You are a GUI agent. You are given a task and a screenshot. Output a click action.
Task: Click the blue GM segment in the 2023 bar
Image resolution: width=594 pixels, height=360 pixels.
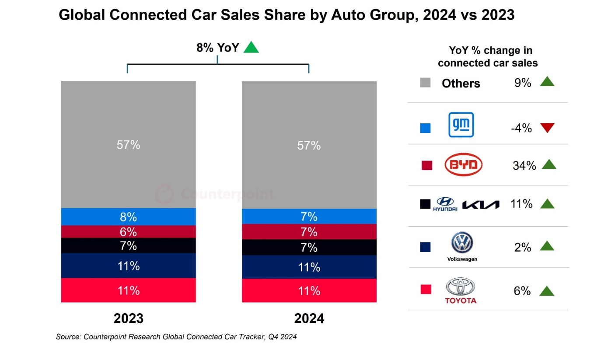tap(128, 217)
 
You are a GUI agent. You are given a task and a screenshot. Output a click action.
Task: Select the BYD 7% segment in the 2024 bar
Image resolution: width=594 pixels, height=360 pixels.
tap(309, 231)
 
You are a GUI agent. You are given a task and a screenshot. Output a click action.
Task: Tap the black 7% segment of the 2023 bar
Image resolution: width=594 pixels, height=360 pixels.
tap(128, 245)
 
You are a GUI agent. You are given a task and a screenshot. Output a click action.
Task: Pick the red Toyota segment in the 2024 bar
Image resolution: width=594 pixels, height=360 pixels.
tap(309, 290)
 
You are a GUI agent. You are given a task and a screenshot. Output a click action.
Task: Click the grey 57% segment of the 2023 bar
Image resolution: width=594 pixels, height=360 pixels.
tap(128, 144)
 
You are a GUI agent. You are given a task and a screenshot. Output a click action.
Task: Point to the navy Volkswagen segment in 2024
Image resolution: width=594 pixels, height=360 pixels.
tap(309, 267)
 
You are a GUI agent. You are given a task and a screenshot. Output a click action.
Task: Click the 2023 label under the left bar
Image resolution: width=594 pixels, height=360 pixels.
tap(128, 318)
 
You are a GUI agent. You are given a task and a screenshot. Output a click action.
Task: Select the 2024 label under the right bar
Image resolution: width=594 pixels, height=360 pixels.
tap(309, 318)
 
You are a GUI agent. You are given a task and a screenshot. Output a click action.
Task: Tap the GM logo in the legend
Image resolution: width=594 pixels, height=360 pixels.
tap(461, 125)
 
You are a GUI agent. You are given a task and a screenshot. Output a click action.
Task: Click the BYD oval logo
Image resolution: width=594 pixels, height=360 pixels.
tap(463, 165)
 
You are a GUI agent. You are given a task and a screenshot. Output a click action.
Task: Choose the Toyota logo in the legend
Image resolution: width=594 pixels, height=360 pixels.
tap(461, 289)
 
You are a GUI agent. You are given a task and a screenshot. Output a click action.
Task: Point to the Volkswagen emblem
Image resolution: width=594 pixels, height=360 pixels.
tap(462, 243)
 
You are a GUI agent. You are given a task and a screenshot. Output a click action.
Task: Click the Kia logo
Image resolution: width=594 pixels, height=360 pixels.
tap(481, 204)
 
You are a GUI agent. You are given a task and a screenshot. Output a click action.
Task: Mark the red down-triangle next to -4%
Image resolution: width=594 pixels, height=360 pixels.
tap(547, 128)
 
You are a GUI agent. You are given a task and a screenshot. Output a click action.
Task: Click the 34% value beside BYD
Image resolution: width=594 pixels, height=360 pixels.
tap(524, 165)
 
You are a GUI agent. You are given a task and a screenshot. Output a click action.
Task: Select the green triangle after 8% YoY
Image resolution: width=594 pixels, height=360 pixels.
tap(251, 47)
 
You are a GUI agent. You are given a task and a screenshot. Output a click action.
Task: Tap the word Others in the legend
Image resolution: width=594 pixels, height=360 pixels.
tap(461, 83)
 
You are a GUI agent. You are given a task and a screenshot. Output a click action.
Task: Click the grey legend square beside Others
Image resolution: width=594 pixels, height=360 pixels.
tap(425, 82)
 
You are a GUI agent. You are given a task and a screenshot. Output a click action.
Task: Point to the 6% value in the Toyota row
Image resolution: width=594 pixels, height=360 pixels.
tap(522, 291)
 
